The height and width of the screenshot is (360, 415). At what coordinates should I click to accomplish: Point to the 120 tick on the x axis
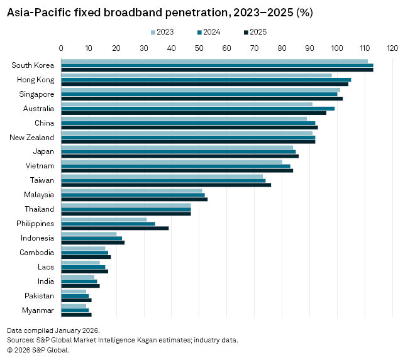pyautogui.click(x=392, y=48)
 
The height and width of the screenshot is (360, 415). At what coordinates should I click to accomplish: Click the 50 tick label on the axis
pyautogui.click(x=199, y=48)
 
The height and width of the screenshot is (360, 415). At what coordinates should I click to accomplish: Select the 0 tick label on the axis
pyautogui.click(x=61, y=48)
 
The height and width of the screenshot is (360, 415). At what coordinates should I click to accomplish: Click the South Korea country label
pyautogui.click(x=33, y=65)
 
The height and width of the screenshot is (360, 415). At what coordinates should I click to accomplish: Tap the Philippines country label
pyautogui.click(x=35, y=224)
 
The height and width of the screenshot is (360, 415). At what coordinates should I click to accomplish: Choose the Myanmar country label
pyautogui.click(x=38, y=310)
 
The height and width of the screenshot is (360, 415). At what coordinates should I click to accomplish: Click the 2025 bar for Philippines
pyautogui.click(x=114, y=228)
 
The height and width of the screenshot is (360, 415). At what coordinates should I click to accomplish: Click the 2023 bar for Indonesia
pyautogui.click(x=89, y=234)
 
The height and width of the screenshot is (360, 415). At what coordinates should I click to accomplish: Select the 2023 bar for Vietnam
pyautogui.click(x=172, y=161)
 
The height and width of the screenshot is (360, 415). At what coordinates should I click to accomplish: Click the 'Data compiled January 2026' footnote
pyautogui.click(x=53, y=330)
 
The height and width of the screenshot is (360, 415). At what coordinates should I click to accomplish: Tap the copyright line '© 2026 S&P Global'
pyautogui.click(x=38, y=350)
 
